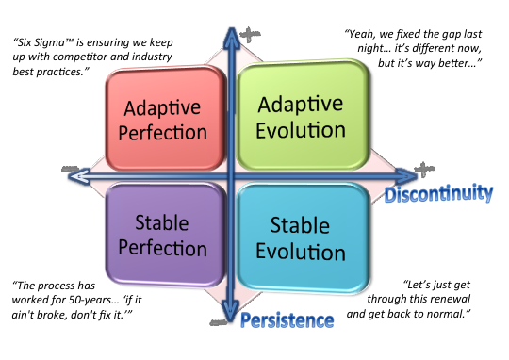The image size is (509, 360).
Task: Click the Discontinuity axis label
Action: pos(436,193)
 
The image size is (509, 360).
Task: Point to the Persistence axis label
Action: pos(287,320)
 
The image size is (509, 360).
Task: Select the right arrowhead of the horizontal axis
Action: pos(407,174)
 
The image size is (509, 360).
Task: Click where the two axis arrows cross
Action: pos(229,174)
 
